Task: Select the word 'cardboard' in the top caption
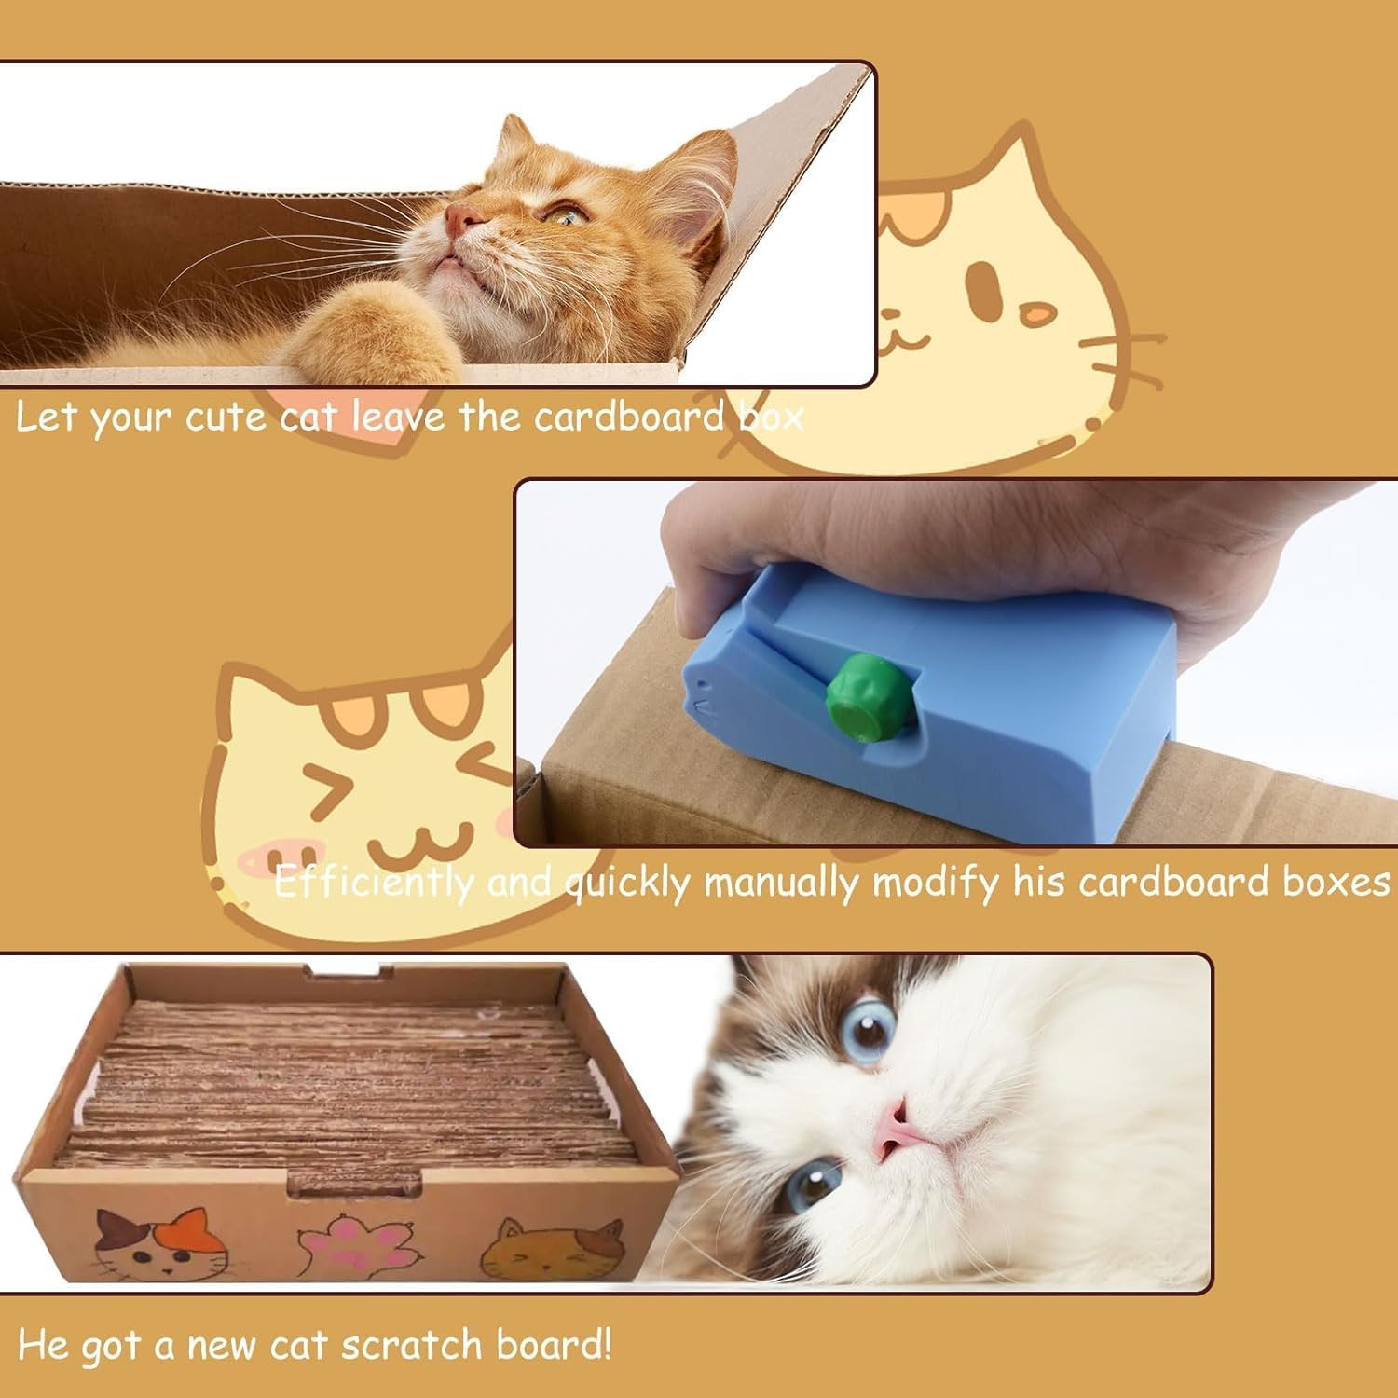point(629,417)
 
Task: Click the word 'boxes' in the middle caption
point(1336,882)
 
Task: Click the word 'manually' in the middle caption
point(781,882)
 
